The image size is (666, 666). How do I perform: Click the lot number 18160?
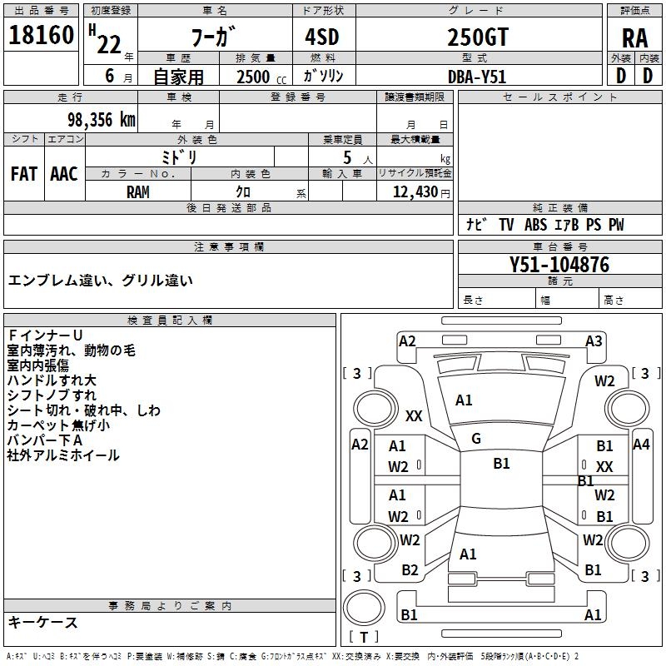(x=41, y=35)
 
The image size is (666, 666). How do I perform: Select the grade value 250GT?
(x=478, y=37)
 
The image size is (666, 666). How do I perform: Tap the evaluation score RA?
(x=635, y=38)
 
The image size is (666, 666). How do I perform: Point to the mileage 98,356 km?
(x=102, y=120)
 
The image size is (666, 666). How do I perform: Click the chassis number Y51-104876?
(x=559, y=265)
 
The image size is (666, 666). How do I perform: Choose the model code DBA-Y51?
(x=477, y=77)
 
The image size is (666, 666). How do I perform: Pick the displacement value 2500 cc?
(x=261, y=77)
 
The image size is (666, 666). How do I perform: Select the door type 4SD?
(x=322, y=37)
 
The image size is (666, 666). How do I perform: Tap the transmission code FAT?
(x=24, y=174)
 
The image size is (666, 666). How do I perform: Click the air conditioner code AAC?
(x=64, y=174)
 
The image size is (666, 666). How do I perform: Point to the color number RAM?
(x=138, y=192)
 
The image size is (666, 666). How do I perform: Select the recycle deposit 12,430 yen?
(x=421, y=192)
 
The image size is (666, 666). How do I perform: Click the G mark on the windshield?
(x=476, y=439)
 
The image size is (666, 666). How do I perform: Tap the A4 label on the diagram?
(x=641, y=445)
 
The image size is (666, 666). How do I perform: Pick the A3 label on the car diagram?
(x=594, y=341)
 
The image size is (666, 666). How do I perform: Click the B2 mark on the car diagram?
(x=410, y=570)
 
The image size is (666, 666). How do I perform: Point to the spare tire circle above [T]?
(x=364, y=608)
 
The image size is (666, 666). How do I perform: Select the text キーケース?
(x=43, y=623)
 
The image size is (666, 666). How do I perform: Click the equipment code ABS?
(x=535, y=225)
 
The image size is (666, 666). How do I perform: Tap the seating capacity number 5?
(x=347, y=157)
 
